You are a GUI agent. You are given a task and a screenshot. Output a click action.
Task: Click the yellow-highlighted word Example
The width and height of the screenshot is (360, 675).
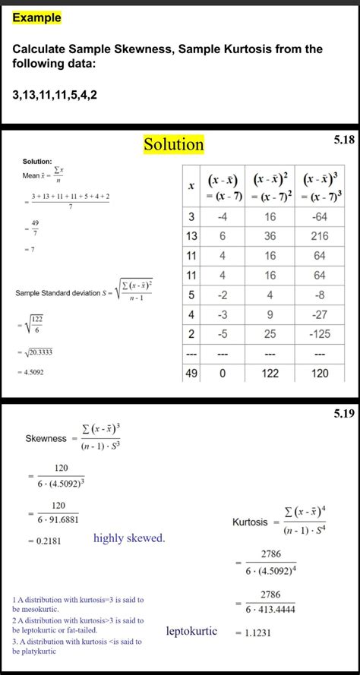[x=37, y=17]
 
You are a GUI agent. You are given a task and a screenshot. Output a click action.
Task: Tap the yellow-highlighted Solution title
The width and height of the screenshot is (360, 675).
[x=174, y=144]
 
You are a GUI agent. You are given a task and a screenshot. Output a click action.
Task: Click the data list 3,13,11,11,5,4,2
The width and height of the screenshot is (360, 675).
[x=55, y=95]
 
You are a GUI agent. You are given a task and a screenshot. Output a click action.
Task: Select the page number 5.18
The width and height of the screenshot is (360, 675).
[x=343, y=140]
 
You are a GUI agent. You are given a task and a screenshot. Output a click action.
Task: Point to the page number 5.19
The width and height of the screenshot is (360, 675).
[x=343, y=415]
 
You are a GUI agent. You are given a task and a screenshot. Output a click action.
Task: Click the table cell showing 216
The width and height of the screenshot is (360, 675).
[x=319, y=236]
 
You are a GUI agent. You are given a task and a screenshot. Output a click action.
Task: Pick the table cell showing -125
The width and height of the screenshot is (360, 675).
[x=319, y=334]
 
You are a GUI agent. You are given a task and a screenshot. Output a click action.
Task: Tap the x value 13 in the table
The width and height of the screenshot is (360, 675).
[x=191, y=236]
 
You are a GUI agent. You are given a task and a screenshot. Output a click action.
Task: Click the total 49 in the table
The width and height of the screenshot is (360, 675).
[x=191, y=374]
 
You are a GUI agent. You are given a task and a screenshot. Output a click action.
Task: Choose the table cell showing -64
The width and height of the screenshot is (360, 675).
[x=319, y=217]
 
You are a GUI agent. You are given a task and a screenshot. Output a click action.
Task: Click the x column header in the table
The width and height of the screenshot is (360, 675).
[x=191, y=185]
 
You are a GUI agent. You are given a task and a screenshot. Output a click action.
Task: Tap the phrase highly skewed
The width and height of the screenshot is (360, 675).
[x=129, y=538]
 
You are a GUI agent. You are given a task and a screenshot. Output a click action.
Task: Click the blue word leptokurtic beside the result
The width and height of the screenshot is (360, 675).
[x=191, y=631]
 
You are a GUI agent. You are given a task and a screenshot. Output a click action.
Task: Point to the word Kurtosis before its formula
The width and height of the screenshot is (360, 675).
[x=250, y=522]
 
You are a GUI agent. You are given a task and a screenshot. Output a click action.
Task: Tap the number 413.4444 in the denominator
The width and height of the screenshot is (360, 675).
[x=279, y=609]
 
